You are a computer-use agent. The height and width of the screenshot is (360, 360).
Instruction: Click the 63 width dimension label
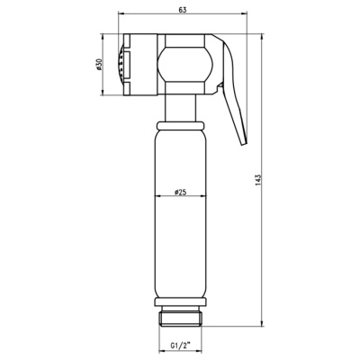[183, 10]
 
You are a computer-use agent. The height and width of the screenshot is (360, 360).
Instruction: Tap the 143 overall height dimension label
[259, 180]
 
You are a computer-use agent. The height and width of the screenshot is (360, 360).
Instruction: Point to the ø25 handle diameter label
[180, 192]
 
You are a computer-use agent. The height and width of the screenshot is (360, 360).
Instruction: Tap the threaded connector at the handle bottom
[180, 317]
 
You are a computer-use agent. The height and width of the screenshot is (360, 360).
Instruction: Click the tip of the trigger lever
[245, 143]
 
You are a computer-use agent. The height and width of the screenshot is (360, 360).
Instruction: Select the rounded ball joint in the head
[185, 65]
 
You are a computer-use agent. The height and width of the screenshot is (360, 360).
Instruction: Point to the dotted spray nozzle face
[121, 65]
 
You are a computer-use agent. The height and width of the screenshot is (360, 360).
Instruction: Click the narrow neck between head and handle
[180, 108]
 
